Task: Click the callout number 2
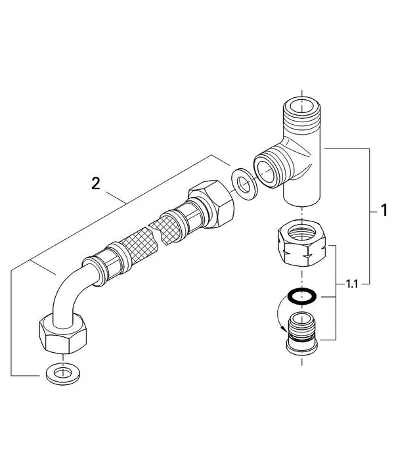click(x=96, y=184)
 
